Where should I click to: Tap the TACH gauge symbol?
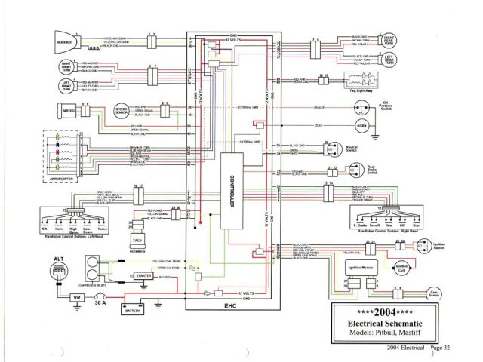coord(137,240)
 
